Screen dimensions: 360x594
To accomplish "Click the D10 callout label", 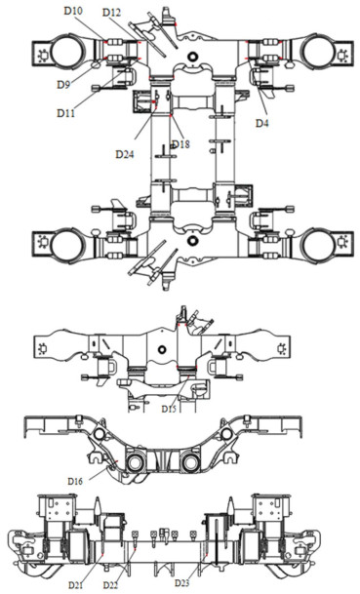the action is click(73, 11).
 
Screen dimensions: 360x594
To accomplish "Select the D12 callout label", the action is click(111, 13).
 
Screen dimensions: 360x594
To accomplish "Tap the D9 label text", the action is click(63, 84).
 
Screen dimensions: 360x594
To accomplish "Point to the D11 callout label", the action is click(65, 113).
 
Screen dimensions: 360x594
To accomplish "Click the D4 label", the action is click(261, 123).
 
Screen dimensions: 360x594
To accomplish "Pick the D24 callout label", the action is click(125, 154).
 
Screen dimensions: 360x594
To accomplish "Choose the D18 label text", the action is click(180, 144).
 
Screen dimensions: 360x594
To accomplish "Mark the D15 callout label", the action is click(169, 409).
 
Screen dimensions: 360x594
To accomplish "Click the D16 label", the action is click(75, 481).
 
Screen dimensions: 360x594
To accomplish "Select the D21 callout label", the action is click(76, 585).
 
